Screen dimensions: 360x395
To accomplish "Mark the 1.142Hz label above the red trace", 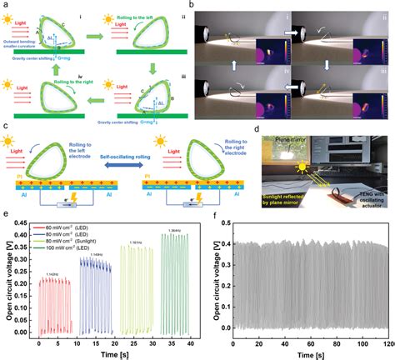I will click(51, 275).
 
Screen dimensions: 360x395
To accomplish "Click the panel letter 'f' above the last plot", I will click(217, 215).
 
